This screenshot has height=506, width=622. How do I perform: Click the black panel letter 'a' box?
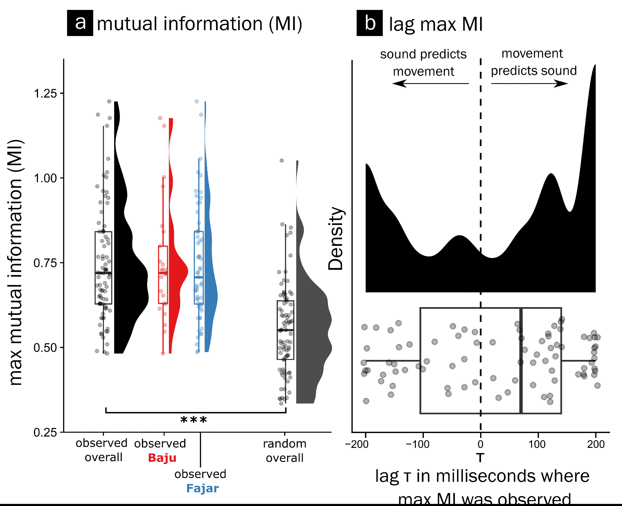[x=80, y=23]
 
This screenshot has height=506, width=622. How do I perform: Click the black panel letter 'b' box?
[x=369, y=23]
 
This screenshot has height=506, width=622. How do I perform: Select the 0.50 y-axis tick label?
[x=45, y=348]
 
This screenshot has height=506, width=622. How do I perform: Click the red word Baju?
[x=162, y=458]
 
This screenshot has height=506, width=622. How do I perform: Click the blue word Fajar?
[x=203, y=488]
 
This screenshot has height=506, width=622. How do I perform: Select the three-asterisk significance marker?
[x=194, y=420]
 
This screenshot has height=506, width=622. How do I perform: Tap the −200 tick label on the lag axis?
[x=357, y=444]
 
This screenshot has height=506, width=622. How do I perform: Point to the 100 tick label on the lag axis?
[x=537, y=444]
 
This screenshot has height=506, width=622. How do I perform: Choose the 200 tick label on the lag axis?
[x=596, y=444]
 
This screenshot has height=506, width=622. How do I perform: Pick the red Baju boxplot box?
[x=163, y=275]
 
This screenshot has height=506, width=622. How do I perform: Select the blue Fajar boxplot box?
[x=199, y=268]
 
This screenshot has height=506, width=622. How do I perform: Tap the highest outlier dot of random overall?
[x=282, y=161]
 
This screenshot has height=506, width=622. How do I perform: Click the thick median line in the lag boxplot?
[x=521, y=361]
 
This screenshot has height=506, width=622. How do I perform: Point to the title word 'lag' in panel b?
[x=401, y=24]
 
